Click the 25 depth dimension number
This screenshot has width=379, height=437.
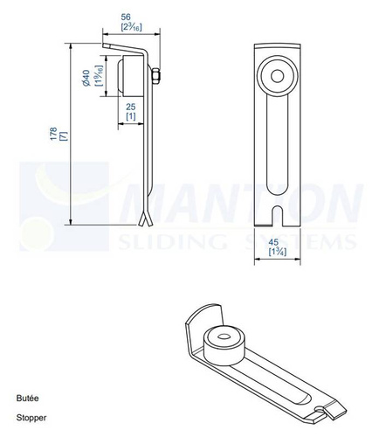click(130, 106)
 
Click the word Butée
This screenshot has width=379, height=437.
click(27, 398)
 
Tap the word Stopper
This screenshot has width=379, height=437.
click(31, 417)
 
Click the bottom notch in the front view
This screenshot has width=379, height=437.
click(279, 212)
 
